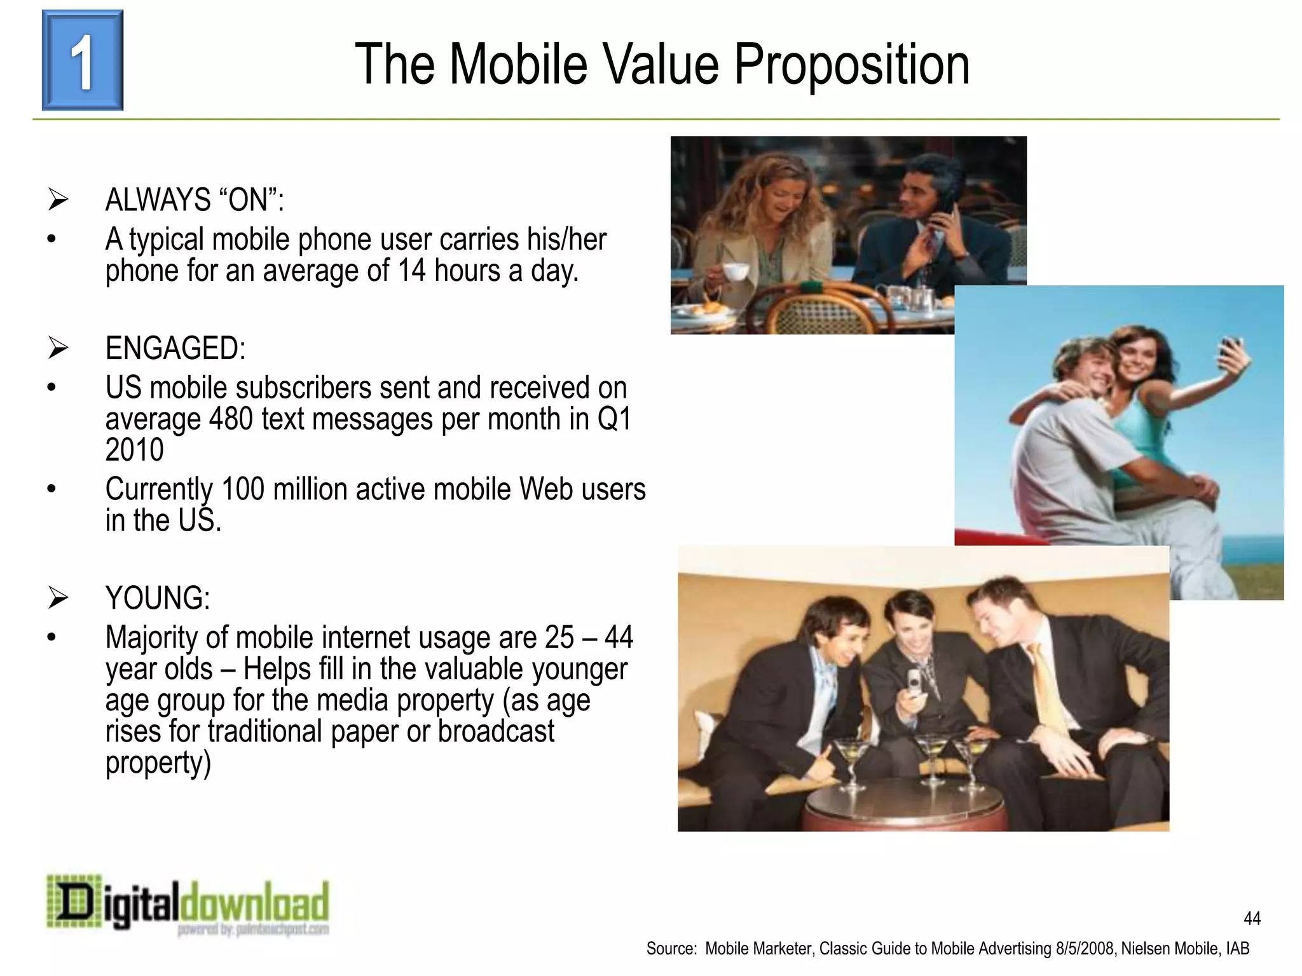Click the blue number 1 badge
click(83, 60)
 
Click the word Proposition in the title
click(852, 65)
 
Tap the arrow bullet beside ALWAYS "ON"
click(58, 200)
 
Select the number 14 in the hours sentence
click(411, 271)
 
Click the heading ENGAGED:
click(175, 348)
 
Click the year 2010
click(135, 450)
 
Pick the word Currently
click(158, 490)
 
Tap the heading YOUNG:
click(158, 598)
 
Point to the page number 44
click(1252, 918)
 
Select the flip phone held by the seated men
click(914, 684)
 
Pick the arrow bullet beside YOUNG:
click(58, 598)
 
